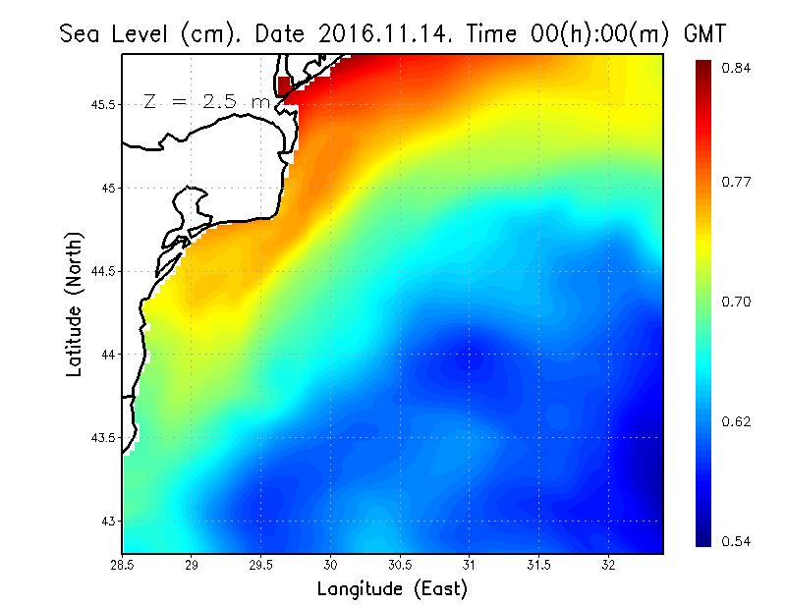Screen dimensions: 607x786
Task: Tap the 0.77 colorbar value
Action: [736, 182]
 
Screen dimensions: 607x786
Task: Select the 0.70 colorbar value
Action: [736, 302]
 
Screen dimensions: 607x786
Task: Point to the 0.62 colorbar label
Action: [736, 421]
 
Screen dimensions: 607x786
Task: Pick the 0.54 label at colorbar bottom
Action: [736, 541]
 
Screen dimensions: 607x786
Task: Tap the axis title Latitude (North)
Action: [75, 303]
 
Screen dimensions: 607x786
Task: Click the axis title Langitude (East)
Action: [392, 589]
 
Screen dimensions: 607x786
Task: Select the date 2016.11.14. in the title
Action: [383, 33]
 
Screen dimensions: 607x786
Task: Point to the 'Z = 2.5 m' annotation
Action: [206, 101]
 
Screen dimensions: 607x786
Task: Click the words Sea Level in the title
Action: [118, 33]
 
